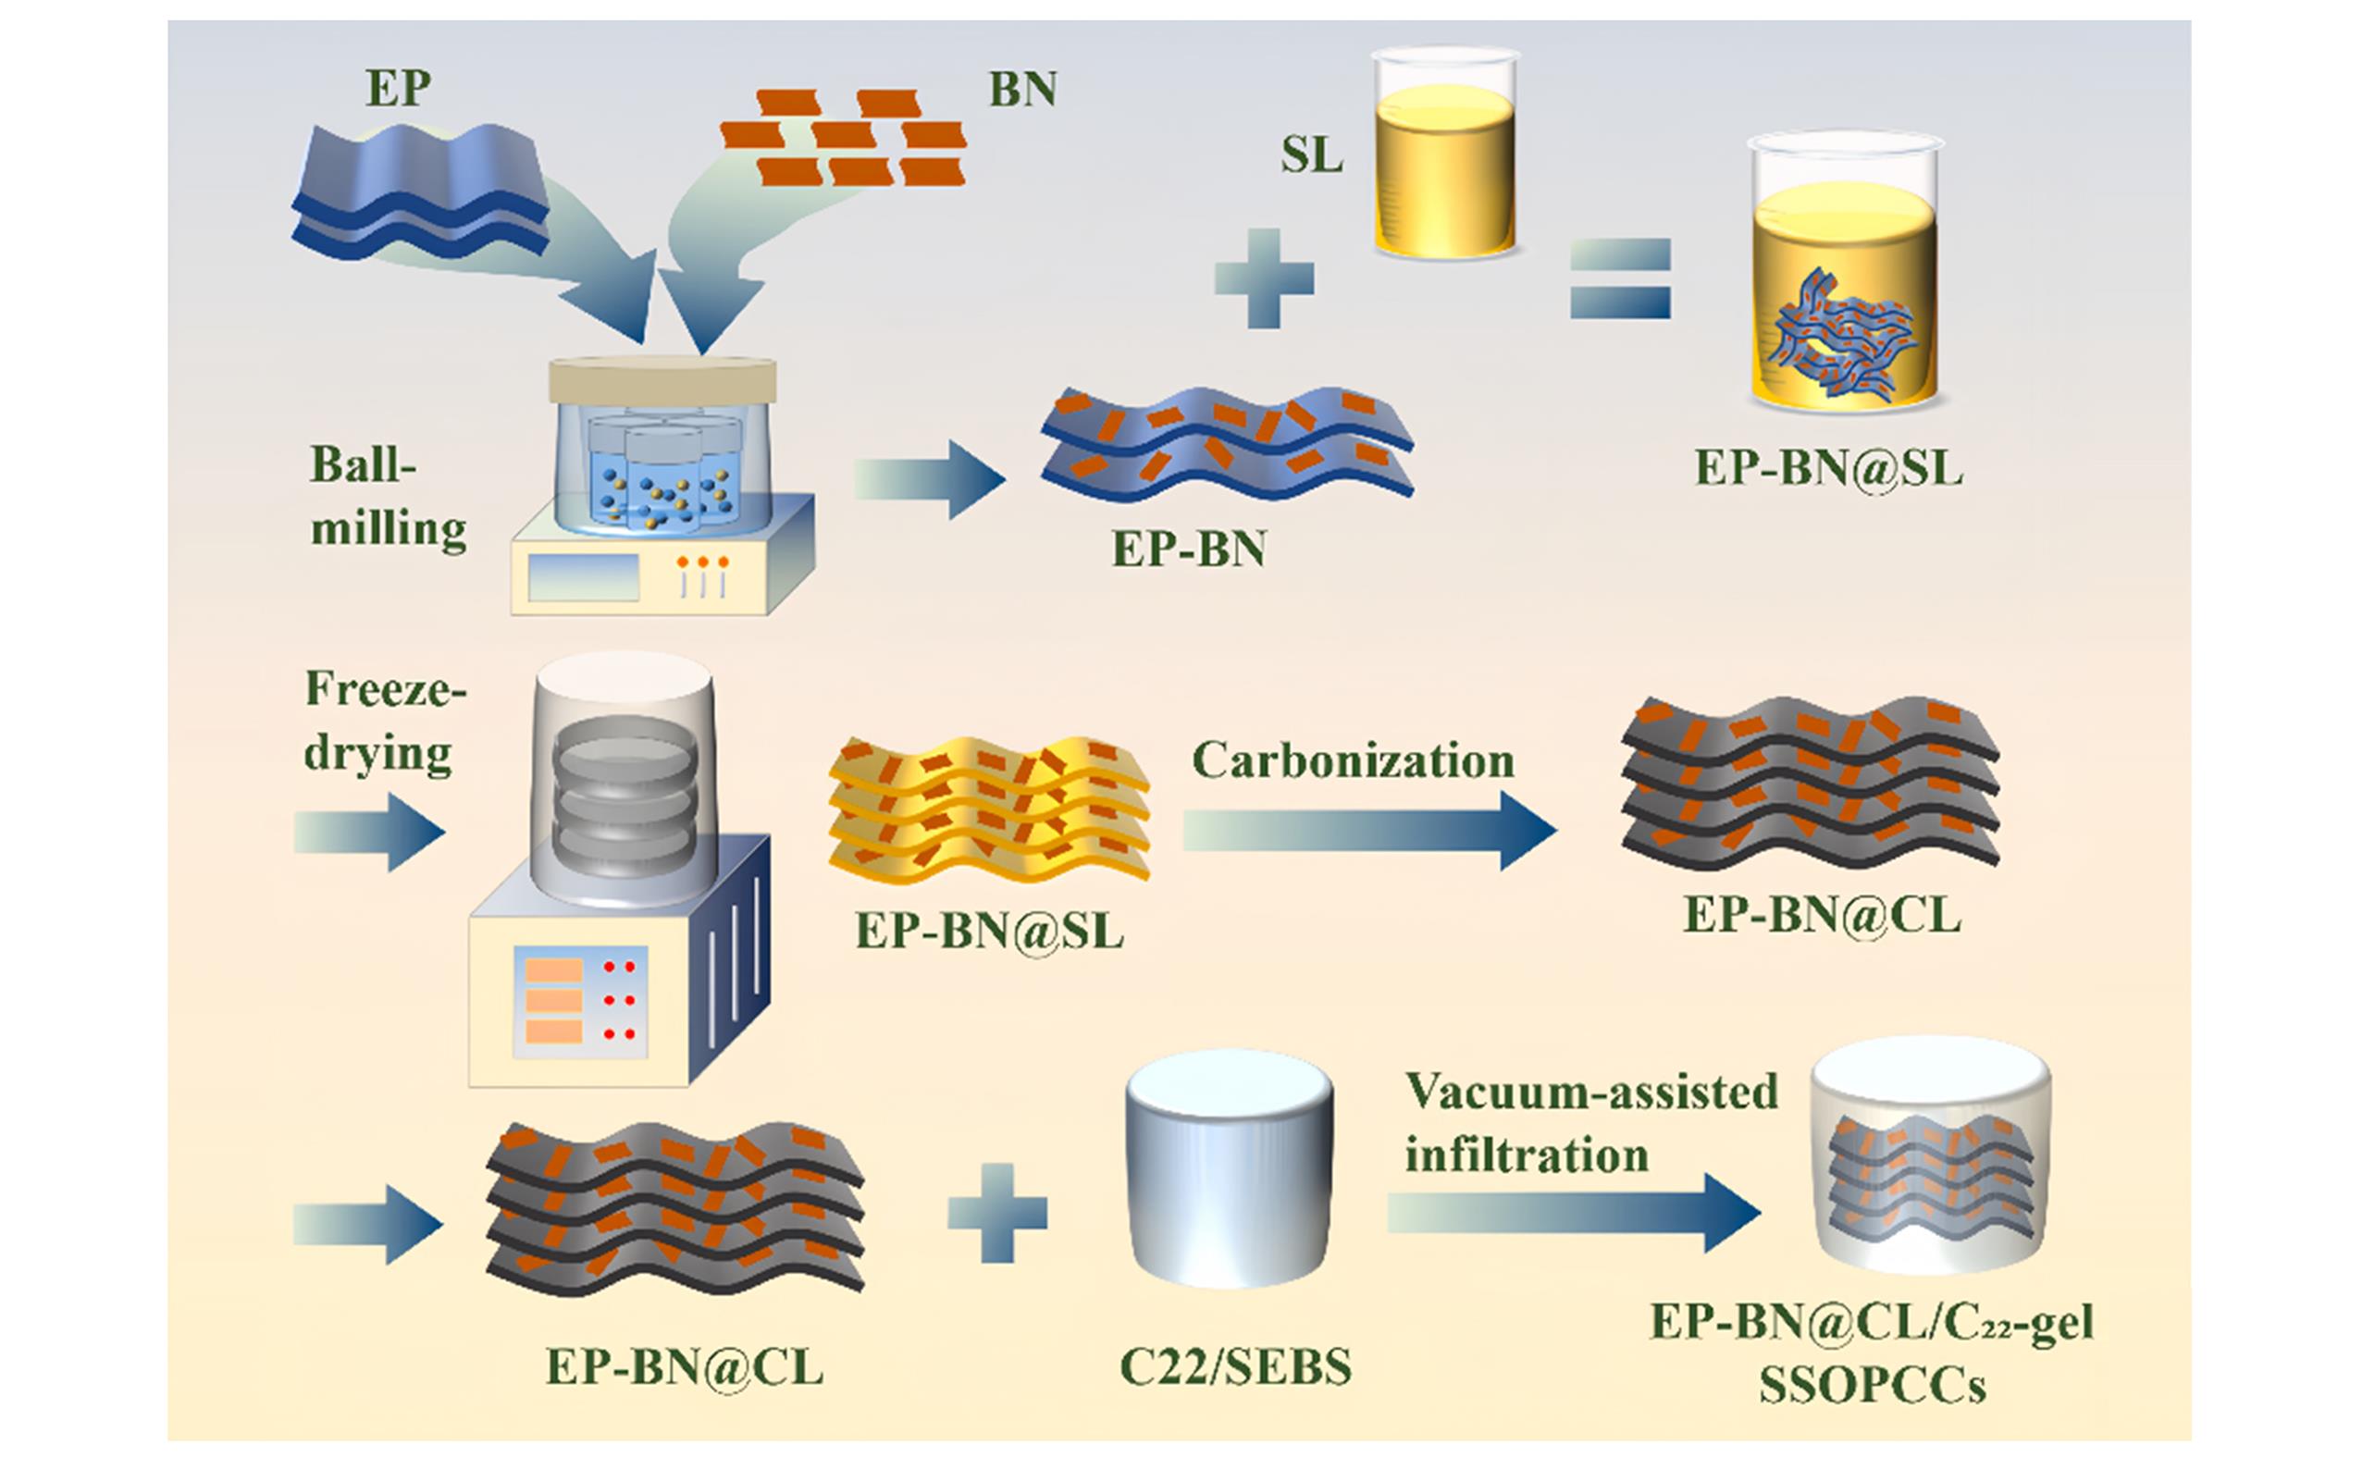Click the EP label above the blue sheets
coord(398,89)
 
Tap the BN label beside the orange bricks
coord(1022,90)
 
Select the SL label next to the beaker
coord(1311,154)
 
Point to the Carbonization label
coord(1354,761)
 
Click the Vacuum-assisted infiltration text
coord(1590,1124)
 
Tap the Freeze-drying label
coord(385,721)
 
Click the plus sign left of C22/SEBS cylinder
coord(997,1212)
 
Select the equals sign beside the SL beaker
coord(1620,278)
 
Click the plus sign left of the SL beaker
coord(1264,278)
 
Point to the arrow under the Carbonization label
coord(1368,830)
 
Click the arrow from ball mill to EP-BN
coord(929,479)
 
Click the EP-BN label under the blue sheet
coord(1189,549)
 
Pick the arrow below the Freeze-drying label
coord(369,832)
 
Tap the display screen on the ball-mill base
coord(584,577)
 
